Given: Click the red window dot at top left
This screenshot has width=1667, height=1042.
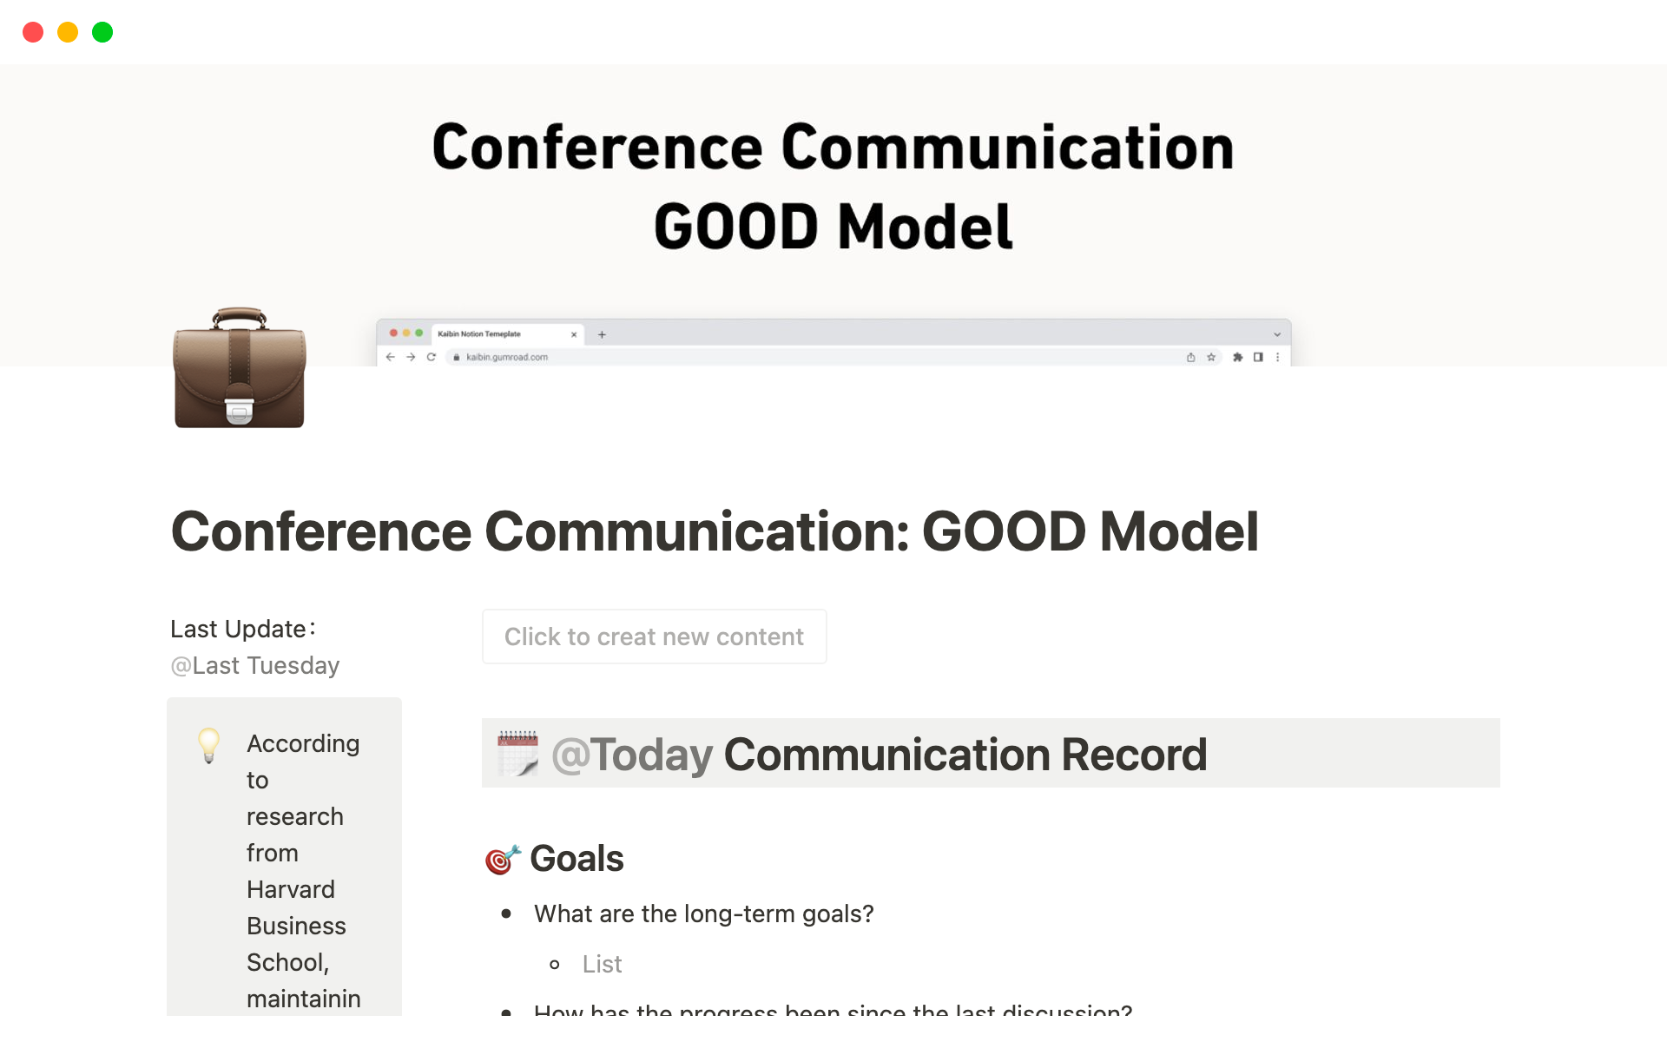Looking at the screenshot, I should pos(33,32).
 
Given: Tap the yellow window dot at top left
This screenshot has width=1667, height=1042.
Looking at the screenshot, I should pos(68,32).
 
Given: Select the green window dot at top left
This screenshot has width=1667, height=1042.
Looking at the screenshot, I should pos(102,32).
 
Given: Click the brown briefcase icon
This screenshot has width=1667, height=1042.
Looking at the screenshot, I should pos(240,368).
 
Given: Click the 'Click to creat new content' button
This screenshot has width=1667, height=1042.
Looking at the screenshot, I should pos(654,636).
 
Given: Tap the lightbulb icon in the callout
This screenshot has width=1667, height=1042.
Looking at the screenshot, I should pos(209,745).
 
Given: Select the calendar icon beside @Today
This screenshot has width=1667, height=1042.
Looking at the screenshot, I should pos(517,753).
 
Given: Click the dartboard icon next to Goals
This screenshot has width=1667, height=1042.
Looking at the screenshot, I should pos(503,859).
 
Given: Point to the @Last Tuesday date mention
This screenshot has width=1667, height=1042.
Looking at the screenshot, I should pos(255,666).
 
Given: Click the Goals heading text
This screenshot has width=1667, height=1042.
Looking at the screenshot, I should pos(577,859).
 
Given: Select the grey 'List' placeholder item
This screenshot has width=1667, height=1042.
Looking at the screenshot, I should pos(602,964).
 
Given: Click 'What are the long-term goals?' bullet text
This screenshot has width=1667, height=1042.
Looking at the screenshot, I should pos(703,913).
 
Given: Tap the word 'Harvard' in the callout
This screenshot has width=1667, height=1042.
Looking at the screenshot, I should pos(291,889).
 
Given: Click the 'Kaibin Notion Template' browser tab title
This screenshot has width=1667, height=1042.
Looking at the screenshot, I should pos(479,333).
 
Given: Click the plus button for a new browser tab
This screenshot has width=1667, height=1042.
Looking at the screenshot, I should pos(602,334).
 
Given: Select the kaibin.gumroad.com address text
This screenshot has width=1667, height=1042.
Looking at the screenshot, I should pos(507,357).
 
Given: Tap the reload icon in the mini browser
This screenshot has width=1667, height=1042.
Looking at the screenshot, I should pos(431,357).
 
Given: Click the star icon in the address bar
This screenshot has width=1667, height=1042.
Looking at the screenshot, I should pos(1211,357).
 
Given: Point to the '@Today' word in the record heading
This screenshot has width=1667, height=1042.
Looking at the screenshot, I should pos(632,754).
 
